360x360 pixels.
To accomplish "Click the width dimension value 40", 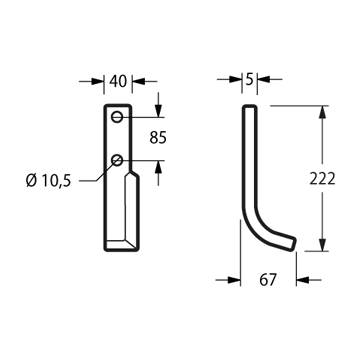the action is pos(118,81).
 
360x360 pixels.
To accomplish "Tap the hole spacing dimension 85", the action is pos(158,138).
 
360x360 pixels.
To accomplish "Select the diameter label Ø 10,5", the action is pos(49,181).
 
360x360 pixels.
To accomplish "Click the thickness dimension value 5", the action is pos(250,80).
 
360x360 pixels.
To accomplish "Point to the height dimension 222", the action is pos(322,179).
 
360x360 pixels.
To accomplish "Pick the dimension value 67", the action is pos(268,280).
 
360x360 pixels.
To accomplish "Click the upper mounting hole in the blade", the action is pos(117,117).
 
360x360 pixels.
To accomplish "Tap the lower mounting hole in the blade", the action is pos(117,160).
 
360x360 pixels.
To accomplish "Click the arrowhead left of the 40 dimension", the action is pos(97,81).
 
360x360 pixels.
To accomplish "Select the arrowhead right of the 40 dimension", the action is pos(139,81).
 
